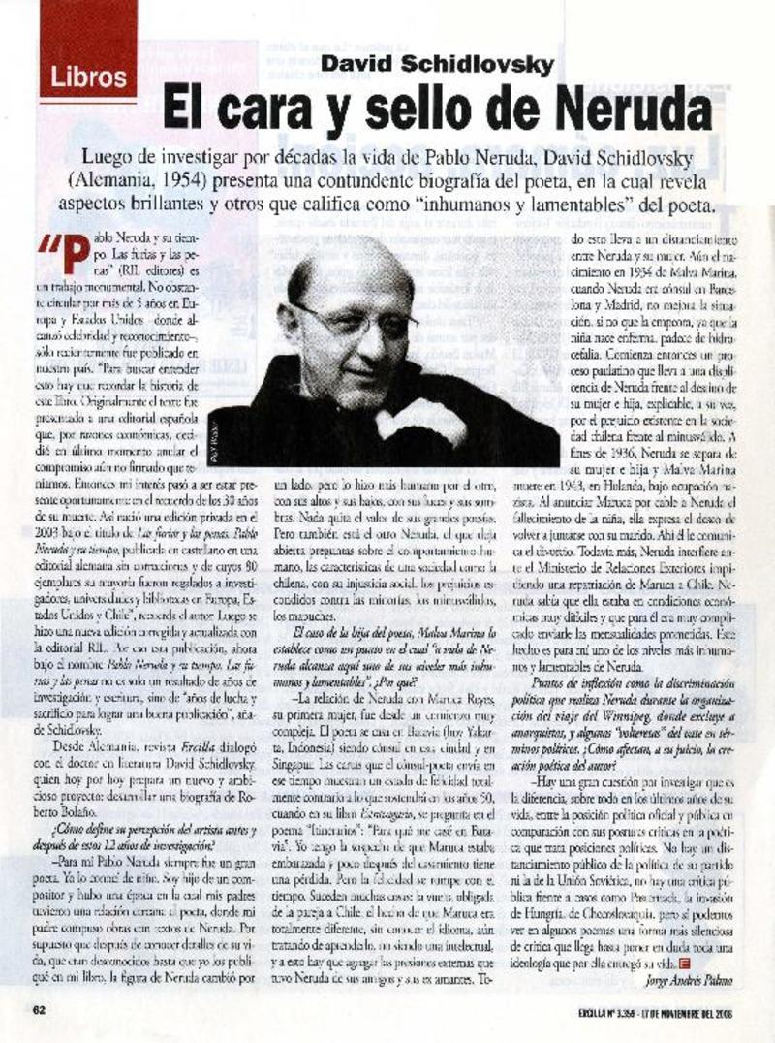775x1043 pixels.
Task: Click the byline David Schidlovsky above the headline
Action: pyautogui.click(x=438, y=65)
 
